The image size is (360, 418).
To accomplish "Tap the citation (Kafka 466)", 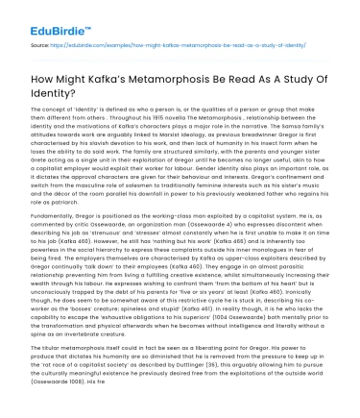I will tap(195, 265).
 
